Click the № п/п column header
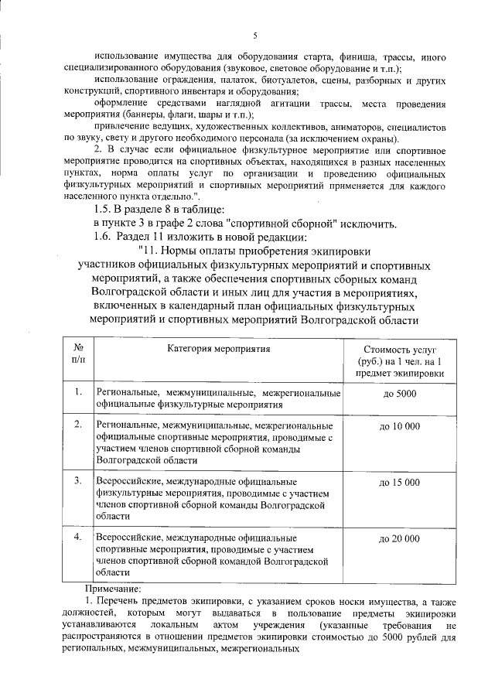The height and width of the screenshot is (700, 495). pyautogui.click(x=78, y=354)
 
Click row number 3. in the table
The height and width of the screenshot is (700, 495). pyautogui.click(x=78, y=482)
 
